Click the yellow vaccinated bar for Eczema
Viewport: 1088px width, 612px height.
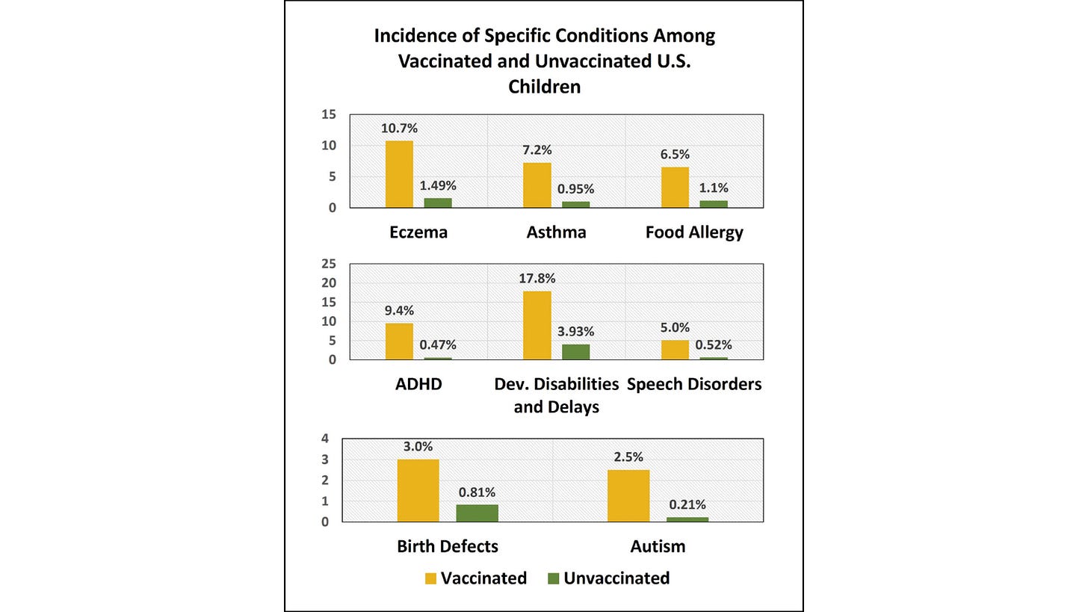tap(399, 174)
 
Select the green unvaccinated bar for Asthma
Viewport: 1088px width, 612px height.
tap(575, 204)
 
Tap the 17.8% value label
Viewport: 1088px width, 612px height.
tap(537, 279)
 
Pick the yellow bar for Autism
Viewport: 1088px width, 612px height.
tap(628, 495)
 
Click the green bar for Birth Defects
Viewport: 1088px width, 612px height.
tap(477, 513)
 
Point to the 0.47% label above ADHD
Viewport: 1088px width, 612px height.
tap(438, 345)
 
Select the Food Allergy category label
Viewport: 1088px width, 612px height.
tap(694, 232)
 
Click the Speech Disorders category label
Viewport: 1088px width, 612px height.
tap(694, 384)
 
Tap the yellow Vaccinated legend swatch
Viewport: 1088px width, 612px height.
tap(430, 578)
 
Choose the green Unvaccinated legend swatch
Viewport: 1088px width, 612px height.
tap(554, 578)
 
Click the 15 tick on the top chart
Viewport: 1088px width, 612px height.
tap(329, 115)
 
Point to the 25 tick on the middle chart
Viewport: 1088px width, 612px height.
tap(329, 264)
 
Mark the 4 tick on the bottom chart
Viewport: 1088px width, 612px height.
tap(325, 439)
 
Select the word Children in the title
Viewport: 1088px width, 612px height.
tap(544, 87)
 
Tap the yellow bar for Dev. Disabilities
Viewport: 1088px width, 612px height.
tap(537, 325)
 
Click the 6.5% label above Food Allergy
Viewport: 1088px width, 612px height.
tap(675, 155)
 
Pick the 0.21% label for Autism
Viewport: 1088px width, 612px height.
tap(687, 505)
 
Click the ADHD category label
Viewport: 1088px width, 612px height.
tap(418, 384)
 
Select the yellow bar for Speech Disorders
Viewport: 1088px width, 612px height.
tap(675, 350)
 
